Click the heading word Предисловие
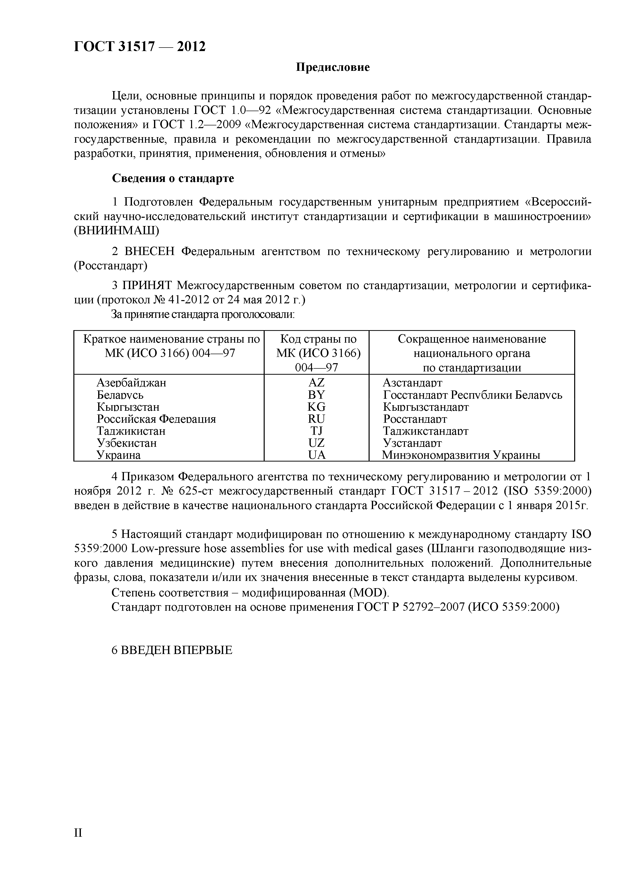coord(333,68)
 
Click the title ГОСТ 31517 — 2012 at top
coord(140,46)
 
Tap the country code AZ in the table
coord(316,382)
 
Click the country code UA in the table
coord(316,455)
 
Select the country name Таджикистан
coord(131,431)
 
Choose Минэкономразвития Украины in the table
coord(461,455)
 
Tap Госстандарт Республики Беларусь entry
coord(473,395)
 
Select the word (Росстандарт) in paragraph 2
coord(111,265)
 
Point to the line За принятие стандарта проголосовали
coord(203,314)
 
